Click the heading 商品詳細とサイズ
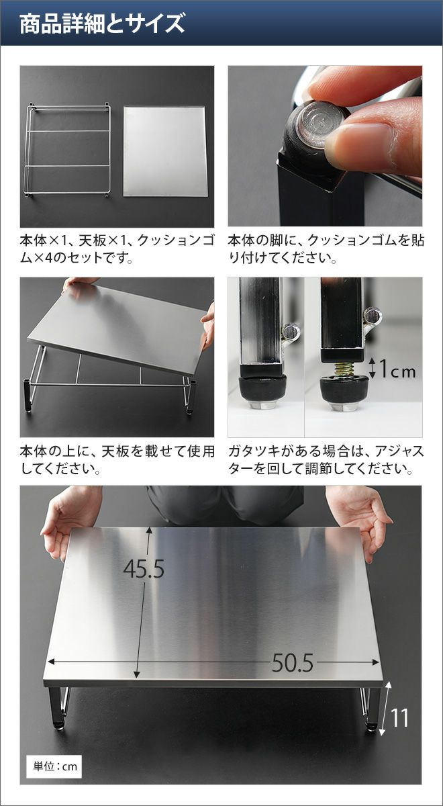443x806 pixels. pos(102,24)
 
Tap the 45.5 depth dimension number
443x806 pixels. pos(144,569)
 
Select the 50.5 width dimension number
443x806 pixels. pos(293,663)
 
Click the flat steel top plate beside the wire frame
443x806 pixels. pos(165,151)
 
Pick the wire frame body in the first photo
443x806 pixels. pos(68,150)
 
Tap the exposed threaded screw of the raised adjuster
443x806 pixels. pos(344,369)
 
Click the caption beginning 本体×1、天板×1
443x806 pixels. pos(117,249)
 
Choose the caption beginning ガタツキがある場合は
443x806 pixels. pos(326,460)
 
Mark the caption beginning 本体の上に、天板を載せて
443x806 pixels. pos(117,460)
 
